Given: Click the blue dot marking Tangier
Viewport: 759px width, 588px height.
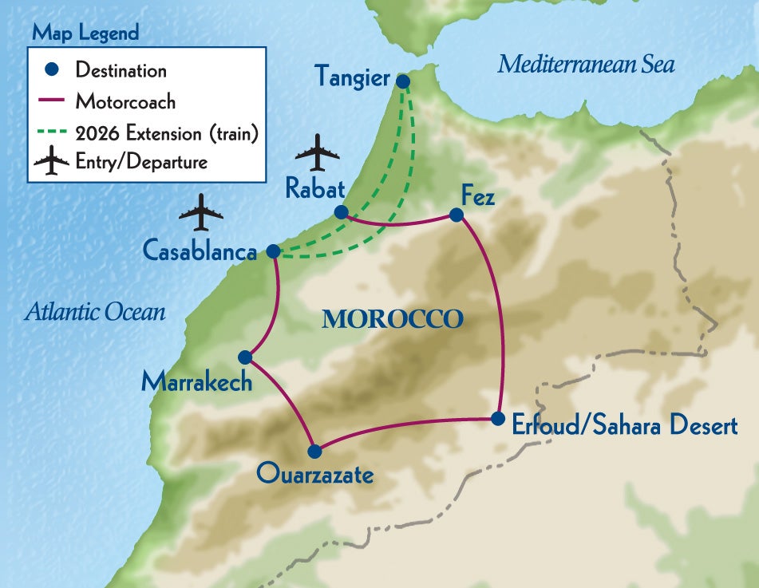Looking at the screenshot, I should coord(403,81).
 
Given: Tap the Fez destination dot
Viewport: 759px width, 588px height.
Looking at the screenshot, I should coord(456,215).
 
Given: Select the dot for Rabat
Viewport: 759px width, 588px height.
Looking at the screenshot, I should coord(341,212).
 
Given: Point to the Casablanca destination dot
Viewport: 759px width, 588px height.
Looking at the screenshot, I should coord(272,251).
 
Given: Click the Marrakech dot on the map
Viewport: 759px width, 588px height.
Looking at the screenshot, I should coord(245,357).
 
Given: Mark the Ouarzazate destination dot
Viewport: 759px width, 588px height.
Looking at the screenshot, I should coord(314,452).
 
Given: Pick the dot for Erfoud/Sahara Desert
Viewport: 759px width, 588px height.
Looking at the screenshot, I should coord(497,418).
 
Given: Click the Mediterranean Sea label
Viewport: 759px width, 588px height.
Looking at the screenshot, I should coord(586,65).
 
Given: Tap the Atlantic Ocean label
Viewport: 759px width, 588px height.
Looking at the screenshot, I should coord(95,312).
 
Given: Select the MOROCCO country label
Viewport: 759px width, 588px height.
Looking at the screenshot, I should coord(392,320).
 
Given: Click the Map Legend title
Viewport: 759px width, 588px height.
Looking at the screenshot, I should coord(85,33).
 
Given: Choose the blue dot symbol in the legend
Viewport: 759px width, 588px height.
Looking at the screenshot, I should coord(52,69).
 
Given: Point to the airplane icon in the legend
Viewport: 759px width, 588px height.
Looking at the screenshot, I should coord(52,162).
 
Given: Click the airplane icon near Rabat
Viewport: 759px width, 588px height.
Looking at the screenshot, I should coord(317,152).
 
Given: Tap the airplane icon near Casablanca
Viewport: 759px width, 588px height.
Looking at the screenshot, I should coord(200,213).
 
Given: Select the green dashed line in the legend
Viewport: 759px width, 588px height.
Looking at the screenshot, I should coord(52,132).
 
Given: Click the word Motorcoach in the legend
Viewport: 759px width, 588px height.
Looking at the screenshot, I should coord(125,101).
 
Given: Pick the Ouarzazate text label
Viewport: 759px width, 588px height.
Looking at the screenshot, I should coord(314,476).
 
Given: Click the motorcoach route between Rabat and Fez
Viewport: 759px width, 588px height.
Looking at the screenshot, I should coord(397,224).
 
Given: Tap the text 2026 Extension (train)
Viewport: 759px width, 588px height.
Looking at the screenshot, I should coord(165,132).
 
